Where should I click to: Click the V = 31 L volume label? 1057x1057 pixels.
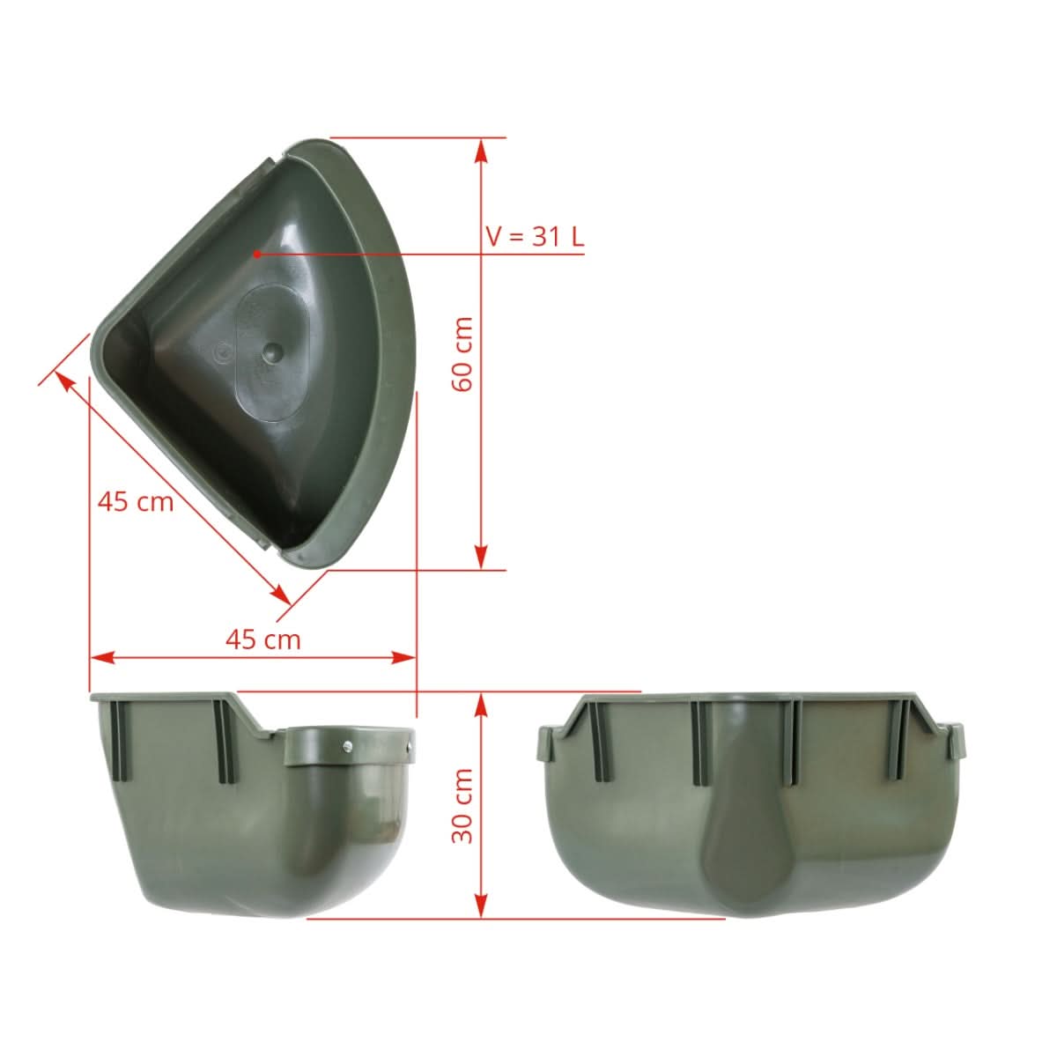tap(535, 236)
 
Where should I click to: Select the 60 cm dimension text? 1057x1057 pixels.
tap(462, 354)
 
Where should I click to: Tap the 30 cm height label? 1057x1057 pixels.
tap(462, 805)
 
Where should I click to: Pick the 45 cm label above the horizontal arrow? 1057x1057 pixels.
tap(262, 639)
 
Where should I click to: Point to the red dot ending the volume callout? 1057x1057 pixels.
tap(256, 254)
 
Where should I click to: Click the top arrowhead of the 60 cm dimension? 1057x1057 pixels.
tap(481, 151)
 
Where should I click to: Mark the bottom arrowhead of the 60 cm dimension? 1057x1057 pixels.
tap(481, 557)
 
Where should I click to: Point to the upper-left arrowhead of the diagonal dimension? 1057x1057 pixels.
tap(64, 380)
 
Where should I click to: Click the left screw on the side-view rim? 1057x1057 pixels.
tap(347, 746)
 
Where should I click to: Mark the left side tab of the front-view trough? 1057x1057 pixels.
tap(546, 744)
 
